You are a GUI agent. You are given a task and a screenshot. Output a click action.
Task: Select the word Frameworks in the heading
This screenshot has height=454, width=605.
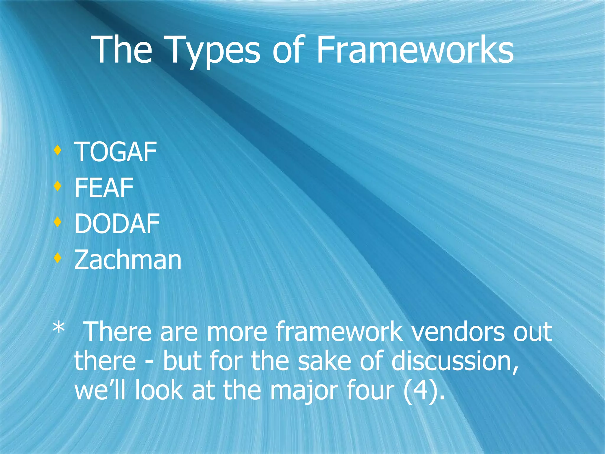415,50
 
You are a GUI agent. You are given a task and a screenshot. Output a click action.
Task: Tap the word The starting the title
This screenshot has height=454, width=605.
123,50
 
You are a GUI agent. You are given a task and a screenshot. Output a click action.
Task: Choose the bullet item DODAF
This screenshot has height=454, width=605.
117,224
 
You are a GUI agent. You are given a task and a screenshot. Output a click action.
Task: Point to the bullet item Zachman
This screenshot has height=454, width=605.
128,260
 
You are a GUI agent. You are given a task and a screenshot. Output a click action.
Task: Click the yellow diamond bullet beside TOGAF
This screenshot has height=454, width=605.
58,150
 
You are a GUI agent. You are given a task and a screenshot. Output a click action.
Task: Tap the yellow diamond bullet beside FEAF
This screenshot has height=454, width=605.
58,186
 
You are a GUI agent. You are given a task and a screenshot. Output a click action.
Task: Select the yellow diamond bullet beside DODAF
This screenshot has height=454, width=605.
58,222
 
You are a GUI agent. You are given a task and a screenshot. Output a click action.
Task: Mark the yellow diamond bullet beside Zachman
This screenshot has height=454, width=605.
58,258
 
